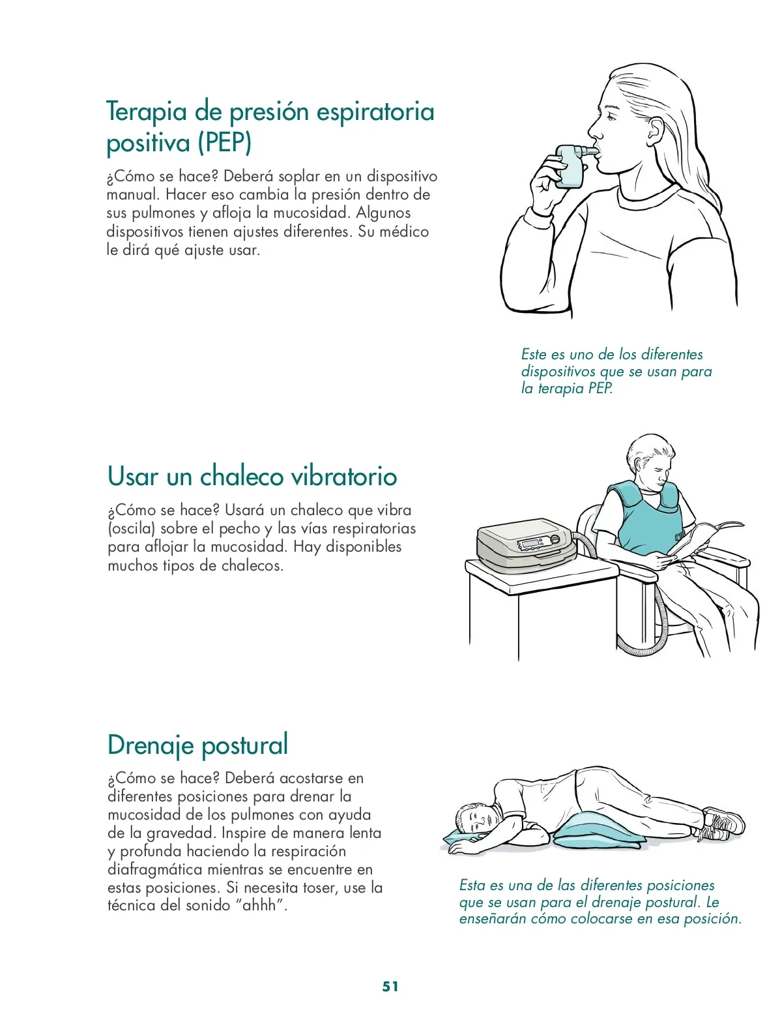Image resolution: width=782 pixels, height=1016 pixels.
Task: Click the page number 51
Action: pyautogui.click(x=390, y=986)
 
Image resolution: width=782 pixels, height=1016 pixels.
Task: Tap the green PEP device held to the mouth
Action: pyautogui.click(x=573, y=164)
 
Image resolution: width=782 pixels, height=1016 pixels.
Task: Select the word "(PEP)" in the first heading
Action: pyautogui.click(x=225, y=142)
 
